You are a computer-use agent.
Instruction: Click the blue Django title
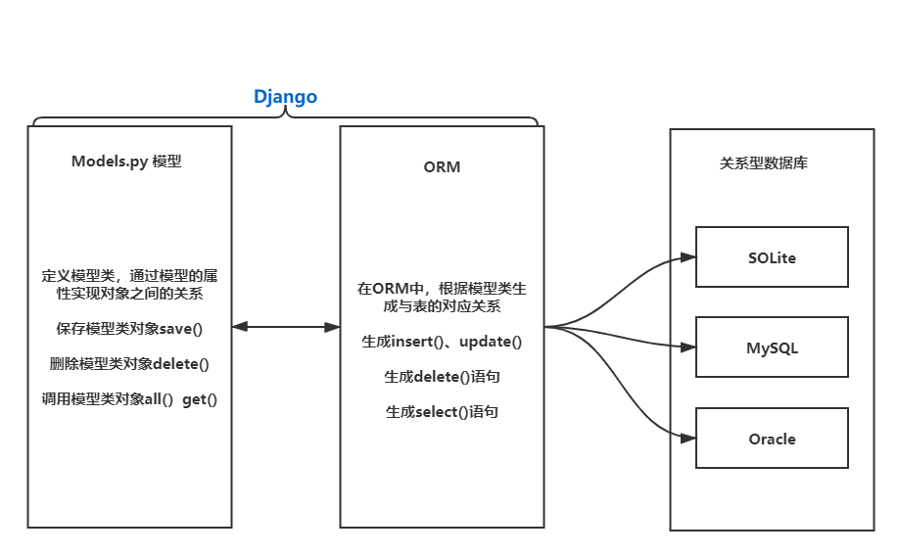pos(285,98)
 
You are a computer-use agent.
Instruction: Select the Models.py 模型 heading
pos(126,162)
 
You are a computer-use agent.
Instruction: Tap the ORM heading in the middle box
pos(442,166)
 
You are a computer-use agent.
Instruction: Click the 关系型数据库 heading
pos(771,163)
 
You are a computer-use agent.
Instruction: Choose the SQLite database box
pos(772,257)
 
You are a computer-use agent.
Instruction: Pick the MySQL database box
pos(772,347)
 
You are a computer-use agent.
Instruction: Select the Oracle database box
pos(772,439)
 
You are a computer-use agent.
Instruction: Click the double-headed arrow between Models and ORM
pos(285,328)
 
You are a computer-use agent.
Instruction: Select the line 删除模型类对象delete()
pos(129,364)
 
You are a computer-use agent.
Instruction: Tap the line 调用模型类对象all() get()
pos(129,399)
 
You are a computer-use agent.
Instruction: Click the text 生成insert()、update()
pos(442,342)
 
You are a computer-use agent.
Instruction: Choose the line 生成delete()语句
pos(442,377)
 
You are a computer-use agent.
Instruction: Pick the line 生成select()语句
pos(442,412)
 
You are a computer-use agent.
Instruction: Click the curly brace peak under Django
pos(285,114)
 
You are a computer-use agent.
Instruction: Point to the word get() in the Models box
pos(199,399)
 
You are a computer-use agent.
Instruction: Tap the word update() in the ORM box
pos(491,342)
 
